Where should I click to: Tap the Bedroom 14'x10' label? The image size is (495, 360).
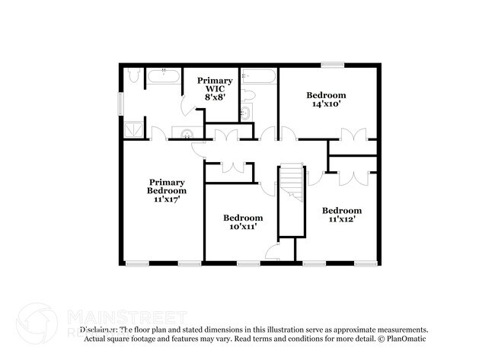click(x=326, y=100)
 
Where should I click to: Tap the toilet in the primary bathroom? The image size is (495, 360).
click(x=134, y=76)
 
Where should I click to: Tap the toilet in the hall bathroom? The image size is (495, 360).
click(x=249, y=95)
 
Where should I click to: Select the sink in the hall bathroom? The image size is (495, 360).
click(x=245, y=113)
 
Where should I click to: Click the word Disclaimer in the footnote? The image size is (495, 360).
click(x=98, y=330)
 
